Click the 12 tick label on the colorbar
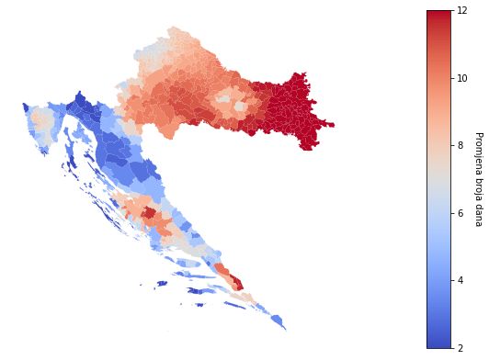(462, 10)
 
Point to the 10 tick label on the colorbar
(462, 78)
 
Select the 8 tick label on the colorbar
(461, 145)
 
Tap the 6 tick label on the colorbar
(461, 213)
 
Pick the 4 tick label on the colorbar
(461, 280)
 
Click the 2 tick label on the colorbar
(461, 348)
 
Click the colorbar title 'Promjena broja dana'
(478, 178)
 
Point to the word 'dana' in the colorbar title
(478, 215)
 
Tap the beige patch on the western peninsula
(41, 119)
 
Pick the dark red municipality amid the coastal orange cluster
(148, 213)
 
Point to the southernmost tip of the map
(285, 329)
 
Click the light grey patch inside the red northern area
(223, 97)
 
